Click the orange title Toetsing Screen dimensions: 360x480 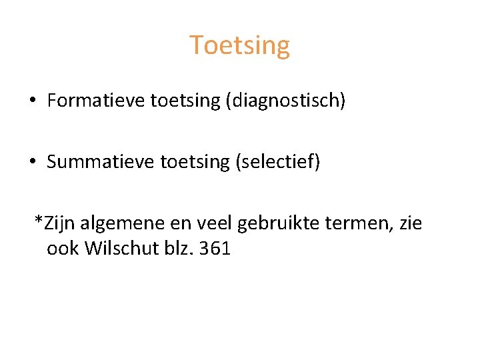240,45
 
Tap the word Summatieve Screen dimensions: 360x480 101,162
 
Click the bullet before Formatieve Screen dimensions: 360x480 33,101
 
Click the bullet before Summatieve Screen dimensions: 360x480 33,162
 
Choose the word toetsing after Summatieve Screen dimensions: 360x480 198,162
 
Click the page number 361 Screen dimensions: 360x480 215,249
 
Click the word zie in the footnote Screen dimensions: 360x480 410,223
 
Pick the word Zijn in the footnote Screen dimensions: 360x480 60,223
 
